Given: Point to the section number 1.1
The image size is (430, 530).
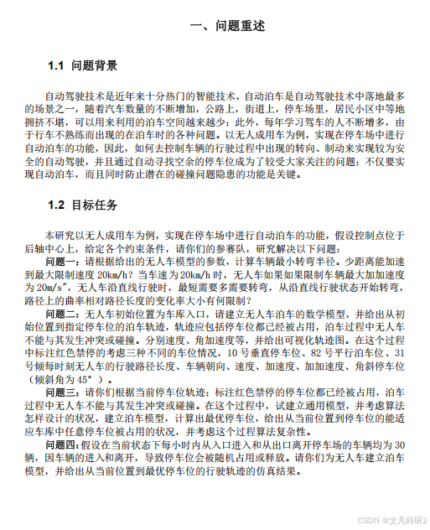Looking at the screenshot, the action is point(57,65).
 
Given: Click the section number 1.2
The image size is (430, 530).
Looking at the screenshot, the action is point(57,205).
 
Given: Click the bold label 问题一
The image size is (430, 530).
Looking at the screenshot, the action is point(64,261).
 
